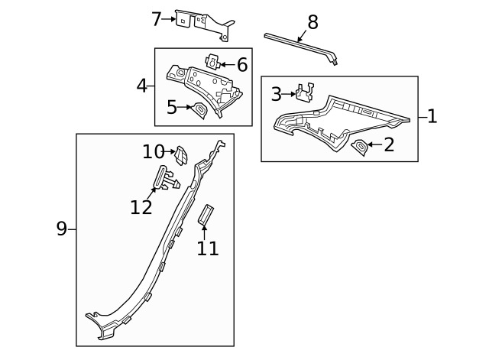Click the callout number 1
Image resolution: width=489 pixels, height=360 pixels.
[432, 117]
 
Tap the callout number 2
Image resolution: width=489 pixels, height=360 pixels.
[389, 144]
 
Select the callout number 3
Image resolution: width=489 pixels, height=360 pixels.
[276, 95]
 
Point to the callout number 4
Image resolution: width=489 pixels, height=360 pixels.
[141, 85]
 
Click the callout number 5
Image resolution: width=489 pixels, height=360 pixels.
[172, 108]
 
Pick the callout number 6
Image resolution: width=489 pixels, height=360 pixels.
[241, 65]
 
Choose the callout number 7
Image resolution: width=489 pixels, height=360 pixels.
[157, 18]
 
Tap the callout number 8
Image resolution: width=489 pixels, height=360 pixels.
[312, 22]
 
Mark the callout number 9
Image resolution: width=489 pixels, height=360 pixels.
[62, 229]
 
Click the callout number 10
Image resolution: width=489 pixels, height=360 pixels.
[153, 151]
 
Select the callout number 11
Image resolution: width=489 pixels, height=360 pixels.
[208, 248]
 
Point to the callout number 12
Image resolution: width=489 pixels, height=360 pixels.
[141, 206]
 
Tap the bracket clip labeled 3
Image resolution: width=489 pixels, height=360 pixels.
[306, 92]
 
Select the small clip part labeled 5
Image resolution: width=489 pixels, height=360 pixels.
[199, 111]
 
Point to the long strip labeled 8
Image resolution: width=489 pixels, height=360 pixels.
[302, 44]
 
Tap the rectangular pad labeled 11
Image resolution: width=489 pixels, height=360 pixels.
[206, 215]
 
